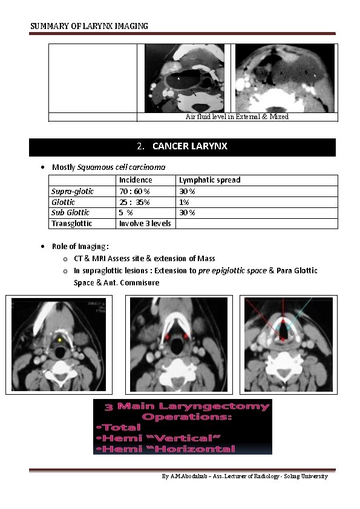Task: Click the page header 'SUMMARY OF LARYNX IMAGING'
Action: click(x=89, y=26)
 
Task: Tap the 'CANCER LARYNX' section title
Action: click(x=189, y=146)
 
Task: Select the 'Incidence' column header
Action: click(x=136, y=180)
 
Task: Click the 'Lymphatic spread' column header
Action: click(x=209, y=180)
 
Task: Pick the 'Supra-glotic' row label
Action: click(x=73, y=191)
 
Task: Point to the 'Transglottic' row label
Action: click(x=72, y=224)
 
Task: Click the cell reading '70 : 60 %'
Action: click(x=134, y=191)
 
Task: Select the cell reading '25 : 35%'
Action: click(x=134, y=202)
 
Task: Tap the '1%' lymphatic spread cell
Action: click(x=184, y=202)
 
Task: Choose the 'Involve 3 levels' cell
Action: click(x=145, y=224)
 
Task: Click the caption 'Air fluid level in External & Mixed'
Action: click(x=237, y=117)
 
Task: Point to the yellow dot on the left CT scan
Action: click(x=60, y=340)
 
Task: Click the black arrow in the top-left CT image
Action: click(x=193, y=92)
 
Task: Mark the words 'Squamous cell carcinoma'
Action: click(x=121, y=167)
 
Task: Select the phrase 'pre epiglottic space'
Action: click(x=232, y=270)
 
